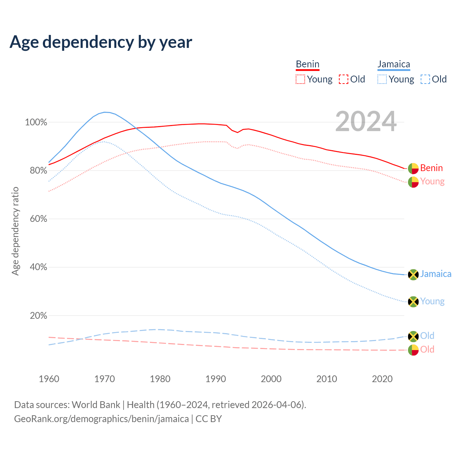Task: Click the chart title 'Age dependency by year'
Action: [x=101, y=42]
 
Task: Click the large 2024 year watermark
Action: [x=366, y=122]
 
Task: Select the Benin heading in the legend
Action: [x=308, y=64]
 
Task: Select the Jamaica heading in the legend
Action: [x=394, y=64]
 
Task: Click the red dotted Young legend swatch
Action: [x=300, y=79]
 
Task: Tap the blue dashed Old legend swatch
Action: [x=425, y=79]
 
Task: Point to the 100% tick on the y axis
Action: [x=36, y=122]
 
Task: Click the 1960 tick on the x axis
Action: [x=49, y=379]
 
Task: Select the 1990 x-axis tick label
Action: [x=216, y=379]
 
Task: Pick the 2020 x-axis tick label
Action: [x=382, y=379]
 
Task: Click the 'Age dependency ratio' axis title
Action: [x=15, y=231]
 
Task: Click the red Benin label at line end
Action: [x=431, y=168]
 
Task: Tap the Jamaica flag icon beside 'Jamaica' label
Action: [x=413, y=274]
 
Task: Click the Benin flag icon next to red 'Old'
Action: [x=413, y=350]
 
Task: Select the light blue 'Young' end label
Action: [x=432, y=301]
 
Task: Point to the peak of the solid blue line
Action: [x=105, y=112]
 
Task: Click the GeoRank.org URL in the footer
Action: [x=101, y=419]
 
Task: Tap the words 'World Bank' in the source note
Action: [x=96, y=405]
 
